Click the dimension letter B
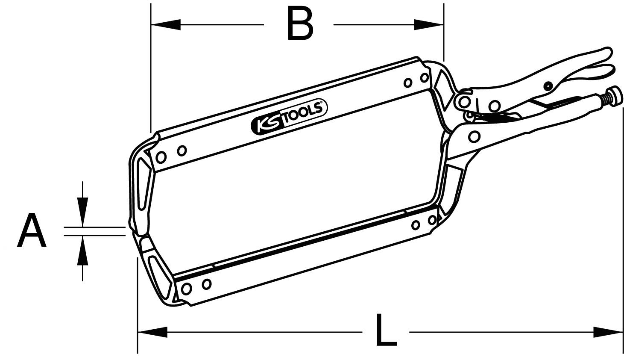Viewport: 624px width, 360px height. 300,25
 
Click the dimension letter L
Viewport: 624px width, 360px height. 386,330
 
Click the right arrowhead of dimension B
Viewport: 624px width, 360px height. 429,25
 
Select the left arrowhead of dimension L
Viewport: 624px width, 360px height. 152,331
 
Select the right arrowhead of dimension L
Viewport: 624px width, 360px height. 608,331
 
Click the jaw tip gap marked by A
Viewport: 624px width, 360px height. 132,231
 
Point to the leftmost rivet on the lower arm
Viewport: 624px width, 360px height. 186,289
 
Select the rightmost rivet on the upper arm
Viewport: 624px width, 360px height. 425,77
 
